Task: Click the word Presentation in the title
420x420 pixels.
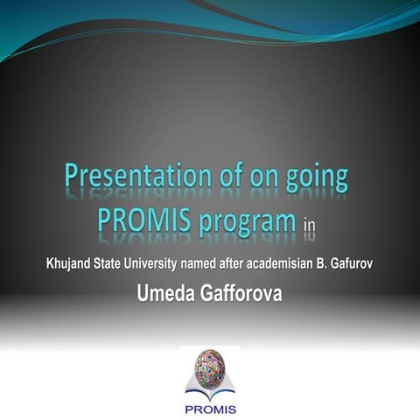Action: (138, 175)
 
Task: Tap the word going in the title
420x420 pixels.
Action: (317, 178)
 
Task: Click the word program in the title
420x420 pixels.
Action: (248, 222)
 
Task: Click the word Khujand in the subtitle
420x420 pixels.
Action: (68, 264)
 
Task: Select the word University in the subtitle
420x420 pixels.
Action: (150, 264)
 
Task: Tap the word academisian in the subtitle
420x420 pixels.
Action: (279, 263)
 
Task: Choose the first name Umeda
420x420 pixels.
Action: (165, 293)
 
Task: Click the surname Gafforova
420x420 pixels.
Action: (241, 293)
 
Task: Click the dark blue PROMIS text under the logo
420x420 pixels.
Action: (211, 409)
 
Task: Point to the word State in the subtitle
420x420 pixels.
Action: (107, 263)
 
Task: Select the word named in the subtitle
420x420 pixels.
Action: (198, 263)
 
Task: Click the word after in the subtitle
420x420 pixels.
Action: (232, 263)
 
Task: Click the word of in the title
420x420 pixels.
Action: (231, 175)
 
